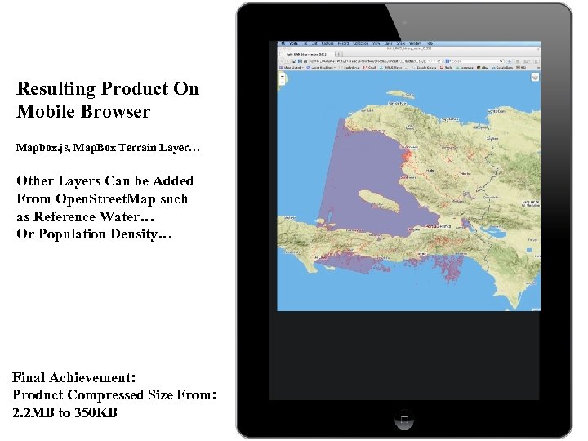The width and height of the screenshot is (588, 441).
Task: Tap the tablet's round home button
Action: pos(404,420)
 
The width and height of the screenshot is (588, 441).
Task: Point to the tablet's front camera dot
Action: pos(404,23)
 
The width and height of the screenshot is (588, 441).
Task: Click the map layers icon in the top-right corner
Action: pos(534,78)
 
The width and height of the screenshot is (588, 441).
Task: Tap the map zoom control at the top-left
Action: pos(281,79)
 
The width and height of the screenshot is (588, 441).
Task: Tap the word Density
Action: pos(145,234)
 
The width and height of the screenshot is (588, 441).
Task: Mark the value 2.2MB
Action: pos(35,412)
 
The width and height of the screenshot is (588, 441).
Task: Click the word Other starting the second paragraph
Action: pos(36,180)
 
